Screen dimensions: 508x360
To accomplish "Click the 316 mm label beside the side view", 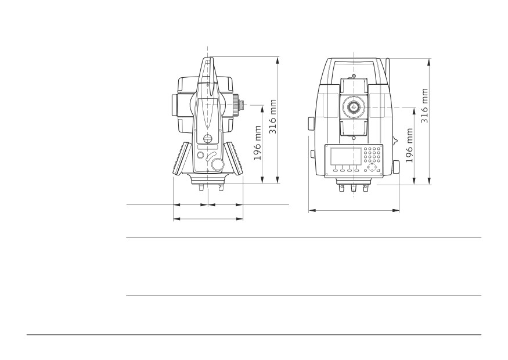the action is (273, 117).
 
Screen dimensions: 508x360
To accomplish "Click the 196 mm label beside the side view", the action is (257, 143).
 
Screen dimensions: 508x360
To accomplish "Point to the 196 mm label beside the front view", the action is (409, 145).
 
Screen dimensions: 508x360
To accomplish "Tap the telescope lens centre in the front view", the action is (354, 107).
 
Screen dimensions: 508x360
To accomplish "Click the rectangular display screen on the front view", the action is (345, 156).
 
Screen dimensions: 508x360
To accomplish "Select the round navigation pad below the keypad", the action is (372, 168).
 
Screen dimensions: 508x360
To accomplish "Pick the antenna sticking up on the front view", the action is (387, 71).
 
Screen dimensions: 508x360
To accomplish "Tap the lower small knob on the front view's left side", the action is (313, 154).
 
